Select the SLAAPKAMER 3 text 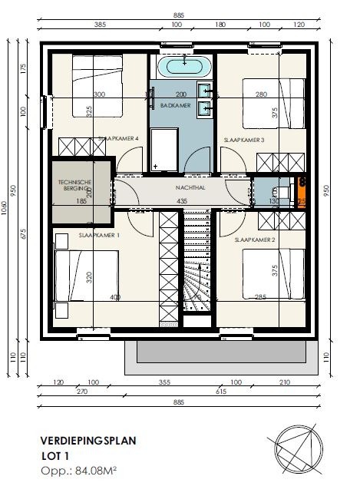tap(243, 141)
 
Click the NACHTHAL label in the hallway tap(183, 187)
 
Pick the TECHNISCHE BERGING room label tap(75, 186)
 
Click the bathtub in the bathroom tap(183, 66)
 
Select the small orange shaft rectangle tap(302, 193)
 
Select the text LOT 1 tap(53, 455)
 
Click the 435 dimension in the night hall tap(182, 200)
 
